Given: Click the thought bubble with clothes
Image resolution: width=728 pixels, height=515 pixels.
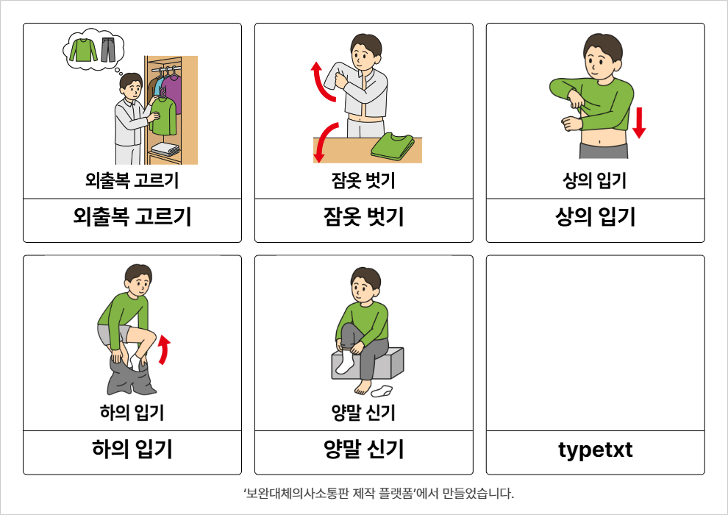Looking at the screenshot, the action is (93, 50).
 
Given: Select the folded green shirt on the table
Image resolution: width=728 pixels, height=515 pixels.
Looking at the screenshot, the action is (393, 146).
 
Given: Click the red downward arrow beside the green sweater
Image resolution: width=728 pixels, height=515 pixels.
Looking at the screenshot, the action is (639, 123).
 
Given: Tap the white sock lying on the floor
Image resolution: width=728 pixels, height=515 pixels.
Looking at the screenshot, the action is (382, 391).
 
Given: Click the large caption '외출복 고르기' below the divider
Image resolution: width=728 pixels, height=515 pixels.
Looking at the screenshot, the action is (132, 217).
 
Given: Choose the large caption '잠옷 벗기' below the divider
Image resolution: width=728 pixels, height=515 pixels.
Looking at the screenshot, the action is (363, 217).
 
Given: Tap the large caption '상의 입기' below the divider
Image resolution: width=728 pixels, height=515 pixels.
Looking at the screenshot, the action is (595, 217).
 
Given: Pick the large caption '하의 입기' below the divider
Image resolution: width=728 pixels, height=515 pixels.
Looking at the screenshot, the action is (132, 449).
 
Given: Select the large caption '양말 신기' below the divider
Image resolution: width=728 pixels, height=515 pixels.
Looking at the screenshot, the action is (363, 449).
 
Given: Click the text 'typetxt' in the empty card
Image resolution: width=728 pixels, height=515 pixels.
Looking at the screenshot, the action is (595, 450).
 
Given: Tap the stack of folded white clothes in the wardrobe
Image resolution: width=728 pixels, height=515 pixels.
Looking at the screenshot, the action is (165, 149).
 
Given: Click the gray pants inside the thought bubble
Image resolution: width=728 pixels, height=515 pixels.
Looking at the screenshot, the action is (107, 50).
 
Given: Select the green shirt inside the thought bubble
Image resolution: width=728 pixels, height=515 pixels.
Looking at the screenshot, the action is (84, 50).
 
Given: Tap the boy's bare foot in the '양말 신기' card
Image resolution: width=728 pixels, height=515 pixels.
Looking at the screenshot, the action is (363, 387).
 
